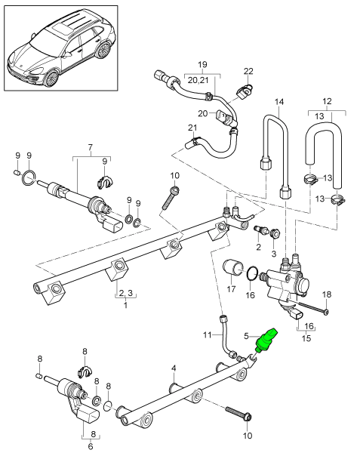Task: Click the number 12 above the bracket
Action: pos(327,101)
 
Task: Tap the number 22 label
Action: pos(248,71)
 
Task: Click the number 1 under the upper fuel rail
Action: pos(126,306)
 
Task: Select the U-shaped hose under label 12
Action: pos(318,151)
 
